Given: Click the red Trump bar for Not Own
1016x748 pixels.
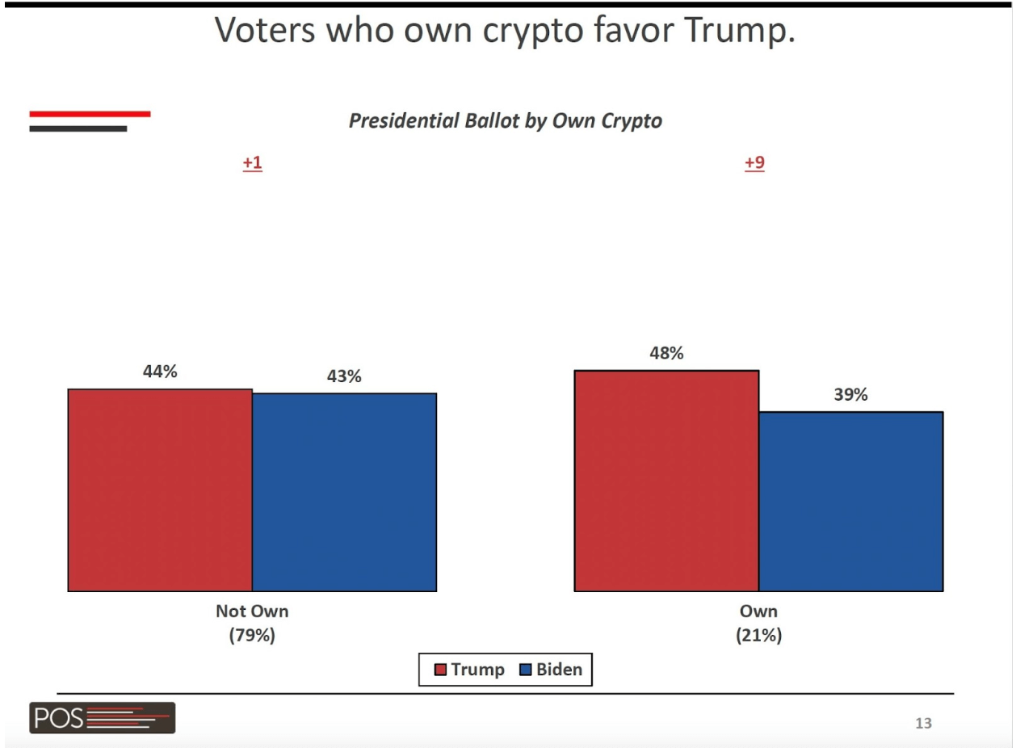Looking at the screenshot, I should [x=160, y=490].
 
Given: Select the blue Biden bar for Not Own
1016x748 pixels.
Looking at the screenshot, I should [x=344, y=492].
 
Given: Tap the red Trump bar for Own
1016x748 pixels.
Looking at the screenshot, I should [x=666, y=481].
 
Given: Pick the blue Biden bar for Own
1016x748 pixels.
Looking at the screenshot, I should [x=850, y=501].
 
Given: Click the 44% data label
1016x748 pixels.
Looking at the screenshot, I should [x=160, y=372].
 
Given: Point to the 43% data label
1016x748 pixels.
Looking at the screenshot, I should [x=344, y=376].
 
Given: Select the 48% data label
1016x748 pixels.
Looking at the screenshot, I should [x=666, y=354].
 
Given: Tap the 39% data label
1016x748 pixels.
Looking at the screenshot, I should [x=850, y=395].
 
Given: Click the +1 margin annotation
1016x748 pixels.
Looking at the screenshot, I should [x=253, y=163].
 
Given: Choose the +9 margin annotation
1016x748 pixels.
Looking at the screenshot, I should [x=754, y=163].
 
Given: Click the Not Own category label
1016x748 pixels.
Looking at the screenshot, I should [x=252, y=611].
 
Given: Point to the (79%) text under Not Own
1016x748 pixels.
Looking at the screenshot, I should [x=252, y=636].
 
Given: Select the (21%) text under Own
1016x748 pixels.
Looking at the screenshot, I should [x=758, y=636].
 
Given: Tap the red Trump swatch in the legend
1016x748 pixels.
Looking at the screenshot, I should [x=440, y=670].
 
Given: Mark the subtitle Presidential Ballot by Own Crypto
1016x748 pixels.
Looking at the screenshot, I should [x=506, y=121].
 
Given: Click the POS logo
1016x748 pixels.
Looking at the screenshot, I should [x=102, y=717].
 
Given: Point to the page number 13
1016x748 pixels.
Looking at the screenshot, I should [x=922, y=723].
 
